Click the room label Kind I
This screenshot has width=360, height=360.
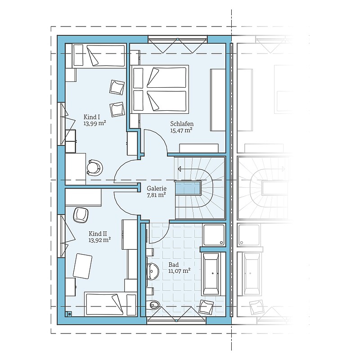[x=92, y=117]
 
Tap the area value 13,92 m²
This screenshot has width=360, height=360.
[x=99, y=240]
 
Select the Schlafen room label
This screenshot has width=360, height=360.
[x=182, y=124]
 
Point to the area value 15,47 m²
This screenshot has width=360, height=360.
[x=181, y=130]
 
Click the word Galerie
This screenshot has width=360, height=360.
[x=157, y=189]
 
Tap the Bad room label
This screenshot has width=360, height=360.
[x=174, y=265]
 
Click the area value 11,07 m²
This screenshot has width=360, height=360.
[x=179, y=271]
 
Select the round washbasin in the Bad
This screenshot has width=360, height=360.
[x=152, y=271]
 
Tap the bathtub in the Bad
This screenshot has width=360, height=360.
[x=211, y=274]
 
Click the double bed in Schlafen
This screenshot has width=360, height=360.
[x=160, y=89]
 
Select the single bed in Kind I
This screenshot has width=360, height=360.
[x=99, y=55]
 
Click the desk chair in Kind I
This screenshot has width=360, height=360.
[x=94, y=168]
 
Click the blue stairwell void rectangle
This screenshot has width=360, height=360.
[x=188, y=188]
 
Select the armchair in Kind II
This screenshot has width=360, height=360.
[x=81, y=215]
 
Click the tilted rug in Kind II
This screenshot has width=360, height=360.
[x=82, y=266]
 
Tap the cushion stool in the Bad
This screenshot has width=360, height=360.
[x=206, y=306]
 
